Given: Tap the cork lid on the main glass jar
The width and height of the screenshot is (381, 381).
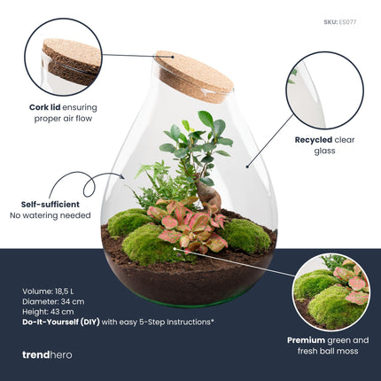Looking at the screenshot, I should (194, 76).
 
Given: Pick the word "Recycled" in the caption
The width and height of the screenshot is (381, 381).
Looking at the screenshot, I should (312, 139).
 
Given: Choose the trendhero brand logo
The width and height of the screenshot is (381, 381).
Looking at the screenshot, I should (47, 354).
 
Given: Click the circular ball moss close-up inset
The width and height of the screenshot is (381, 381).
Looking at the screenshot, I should (330, 292).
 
